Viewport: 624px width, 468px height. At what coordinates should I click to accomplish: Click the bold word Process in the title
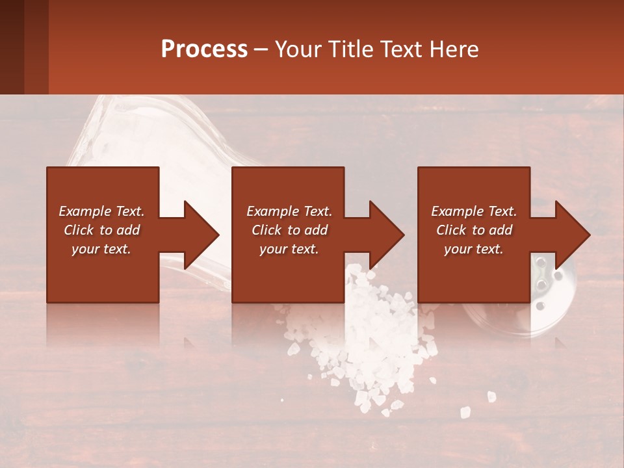click(x=204, y=49)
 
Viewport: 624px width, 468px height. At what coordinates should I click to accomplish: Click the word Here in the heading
click(x=454, y=49)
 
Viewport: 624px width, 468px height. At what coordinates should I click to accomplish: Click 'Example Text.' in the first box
click(x=101, y=211)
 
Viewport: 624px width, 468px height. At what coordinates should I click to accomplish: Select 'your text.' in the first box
click(x=101, y=249)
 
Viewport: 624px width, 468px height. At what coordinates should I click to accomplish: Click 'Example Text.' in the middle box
click(x=289, y=211)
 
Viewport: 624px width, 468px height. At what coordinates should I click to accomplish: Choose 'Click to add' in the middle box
click(x=289, y=230)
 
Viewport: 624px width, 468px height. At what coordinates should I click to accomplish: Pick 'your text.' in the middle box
click(x=289, y=249)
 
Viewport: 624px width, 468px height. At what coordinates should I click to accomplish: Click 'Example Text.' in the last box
click(x=474, y=211)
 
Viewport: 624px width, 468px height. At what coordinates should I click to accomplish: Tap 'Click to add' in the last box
click(x=474, y=230)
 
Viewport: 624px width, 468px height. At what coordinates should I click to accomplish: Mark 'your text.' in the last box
click(x=474, y=249)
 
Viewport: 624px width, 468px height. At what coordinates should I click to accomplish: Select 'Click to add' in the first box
click(x=101, y=230)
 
